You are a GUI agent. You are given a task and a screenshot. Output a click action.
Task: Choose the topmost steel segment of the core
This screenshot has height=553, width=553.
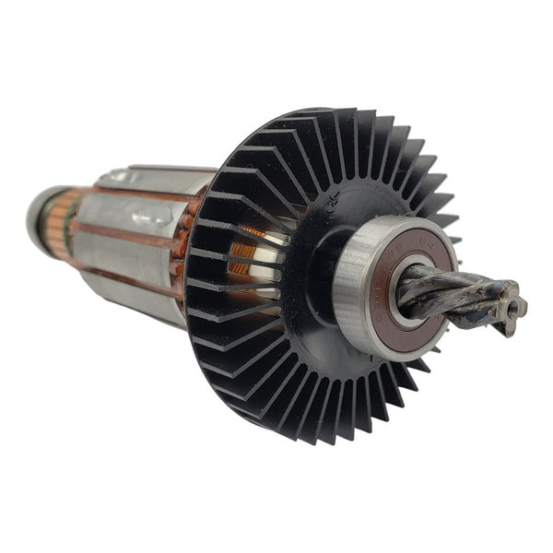(x=157, y=177)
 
